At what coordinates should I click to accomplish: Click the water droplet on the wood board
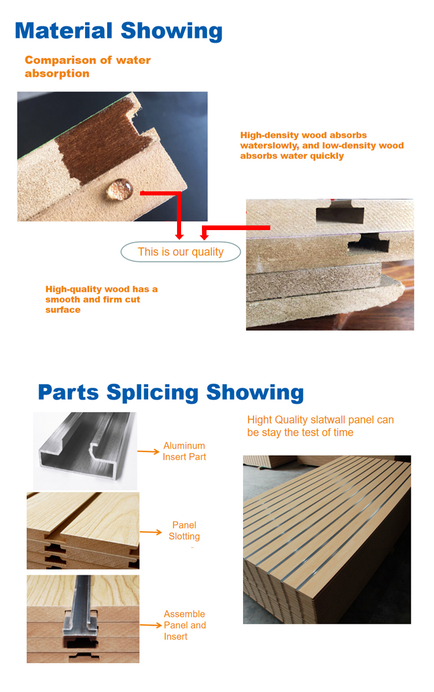pyautogui.click(x=120, y=189)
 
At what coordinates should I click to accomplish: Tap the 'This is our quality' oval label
pyautogui.click(x=181, y=251)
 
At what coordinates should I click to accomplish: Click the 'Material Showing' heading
pyautogui.click(x=119, y=31)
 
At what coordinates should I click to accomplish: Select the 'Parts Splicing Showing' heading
pyautogui.click(x=171, y=393)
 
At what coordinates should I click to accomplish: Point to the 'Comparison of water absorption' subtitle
pyautogui.click(x=87, y=66)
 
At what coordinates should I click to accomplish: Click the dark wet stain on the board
pyautogui.click(x=106, y=141)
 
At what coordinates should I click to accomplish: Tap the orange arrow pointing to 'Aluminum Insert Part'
pyautogui.click(x=148, y=452)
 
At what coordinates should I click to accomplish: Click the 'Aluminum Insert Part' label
pyautogui.click(x=184, y=451)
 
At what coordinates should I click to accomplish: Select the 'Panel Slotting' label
pyautogui.click(x=184, y=531)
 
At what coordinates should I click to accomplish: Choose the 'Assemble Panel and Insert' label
pyautogui.click(x=185, y=625)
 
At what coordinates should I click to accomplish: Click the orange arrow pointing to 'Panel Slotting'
pyautogui.click(x=151, y=532)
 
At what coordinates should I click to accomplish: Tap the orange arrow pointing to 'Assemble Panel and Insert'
pyautogui.click(x=151, y=625)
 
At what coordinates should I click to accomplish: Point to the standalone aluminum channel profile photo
pyautogui.click(x=85, y=450)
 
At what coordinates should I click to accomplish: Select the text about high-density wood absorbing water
pyautogui.click(x=322, y=145)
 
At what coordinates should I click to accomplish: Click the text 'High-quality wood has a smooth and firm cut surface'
pyautogui.click(x=101, y=299)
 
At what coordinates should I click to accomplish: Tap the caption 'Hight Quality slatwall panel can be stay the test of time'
pyautogui.click(x=321, y=426)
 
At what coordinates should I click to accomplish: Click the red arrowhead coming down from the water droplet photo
pyautogui.click(x=179, y=236)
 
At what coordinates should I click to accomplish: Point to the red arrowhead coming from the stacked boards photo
pyautogui.click(x=204, y=236)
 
